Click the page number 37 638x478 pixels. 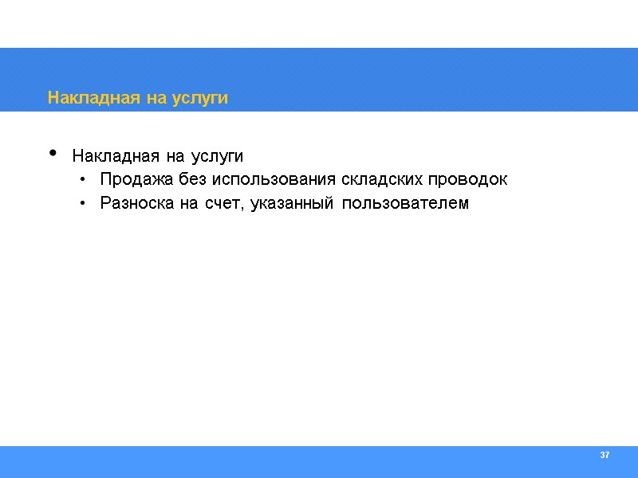pos(605,455)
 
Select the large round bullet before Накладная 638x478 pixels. pos(53,152)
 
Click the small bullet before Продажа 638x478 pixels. pos(83,180)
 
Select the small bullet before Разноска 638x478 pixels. pos(83,204)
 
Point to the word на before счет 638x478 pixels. pos(188,204)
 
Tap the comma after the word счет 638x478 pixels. pos(245,209)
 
